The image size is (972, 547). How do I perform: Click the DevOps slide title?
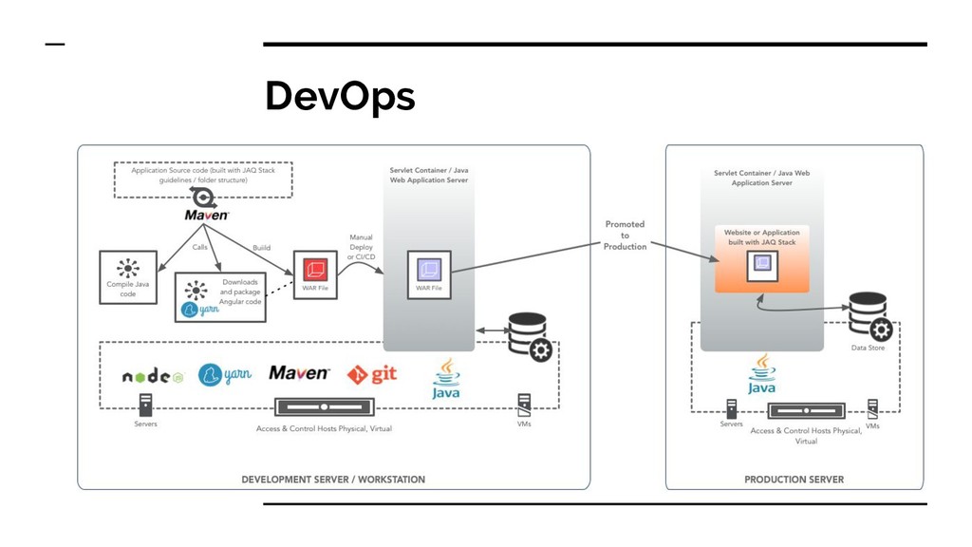click(x=340, y=96)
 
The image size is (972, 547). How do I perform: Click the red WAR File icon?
click(x=315, y=270)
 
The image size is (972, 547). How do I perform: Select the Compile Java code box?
click(x=128, y=277)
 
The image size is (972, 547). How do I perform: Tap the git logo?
click(x=372, y=374)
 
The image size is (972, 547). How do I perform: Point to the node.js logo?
click(x=153, y=376)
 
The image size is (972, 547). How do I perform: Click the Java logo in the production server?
click(x=761, y=374)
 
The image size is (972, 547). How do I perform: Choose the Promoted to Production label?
click(x=625, y=236)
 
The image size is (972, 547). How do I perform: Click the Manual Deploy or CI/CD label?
click(x=361, y=247)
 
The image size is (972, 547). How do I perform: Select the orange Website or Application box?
click(x=762, y=258)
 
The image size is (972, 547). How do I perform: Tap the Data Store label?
click(x=868, y=348)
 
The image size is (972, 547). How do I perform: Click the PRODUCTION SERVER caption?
click(x=794, y=480)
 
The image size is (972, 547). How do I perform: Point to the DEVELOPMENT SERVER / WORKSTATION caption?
click(x=333, y=480)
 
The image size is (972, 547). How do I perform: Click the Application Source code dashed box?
click(x=203, y=179)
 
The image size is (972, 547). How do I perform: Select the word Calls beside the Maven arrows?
click(x=199, y=247)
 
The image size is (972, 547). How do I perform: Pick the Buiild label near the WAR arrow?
click(x=262, y=248)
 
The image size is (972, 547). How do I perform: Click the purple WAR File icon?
click(x=429, y=270)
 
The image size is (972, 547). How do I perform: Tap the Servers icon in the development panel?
click(x=145, y=405)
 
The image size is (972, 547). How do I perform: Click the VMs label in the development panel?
click(x=524, y=424)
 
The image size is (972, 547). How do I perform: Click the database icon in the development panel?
click(x=530, y=337)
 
